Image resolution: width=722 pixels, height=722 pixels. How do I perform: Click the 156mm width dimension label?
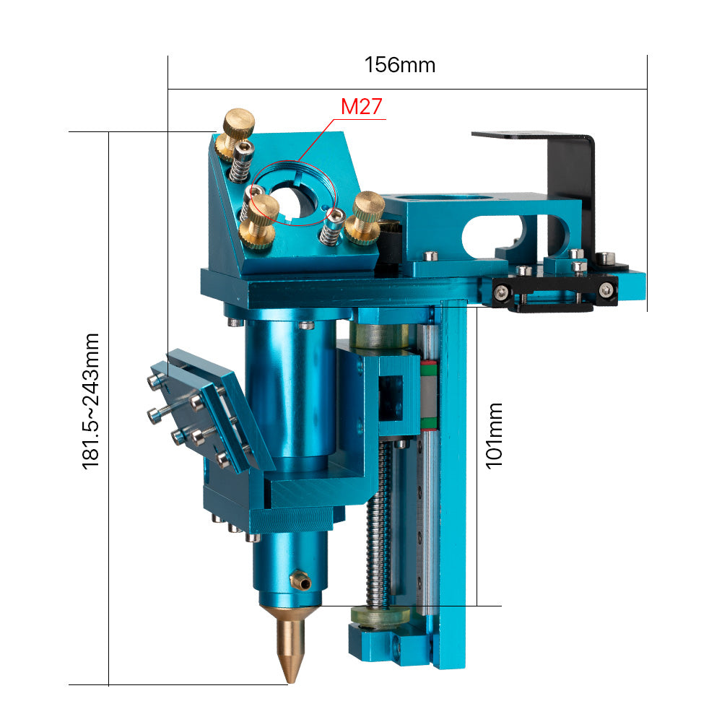tap(400, 65)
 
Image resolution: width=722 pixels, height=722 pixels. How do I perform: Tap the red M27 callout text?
tap(362, 107)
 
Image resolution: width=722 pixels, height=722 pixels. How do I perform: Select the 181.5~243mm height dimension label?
tap(90, 401)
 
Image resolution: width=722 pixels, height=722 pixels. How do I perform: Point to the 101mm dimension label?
tap(494, 435)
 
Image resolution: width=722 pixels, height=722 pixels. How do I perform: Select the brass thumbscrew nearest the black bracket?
tap(365, 217)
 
